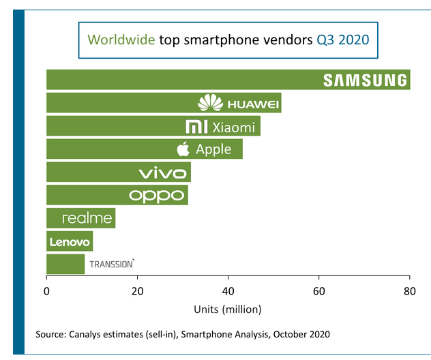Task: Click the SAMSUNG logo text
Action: coord(365,80)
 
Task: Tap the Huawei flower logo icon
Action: coord(211,103)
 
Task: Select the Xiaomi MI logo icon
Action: coord(196,127)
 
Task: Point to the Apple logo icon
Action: coord(183,149)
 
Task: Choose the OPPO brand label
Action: coord(158,196)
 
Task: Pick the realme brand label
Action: coord(87,218)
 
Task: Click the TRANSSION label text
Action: coord(112,264)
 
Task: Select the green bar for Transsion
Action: coord(65,264)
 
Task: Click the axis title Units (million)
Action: coord(228,309)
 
